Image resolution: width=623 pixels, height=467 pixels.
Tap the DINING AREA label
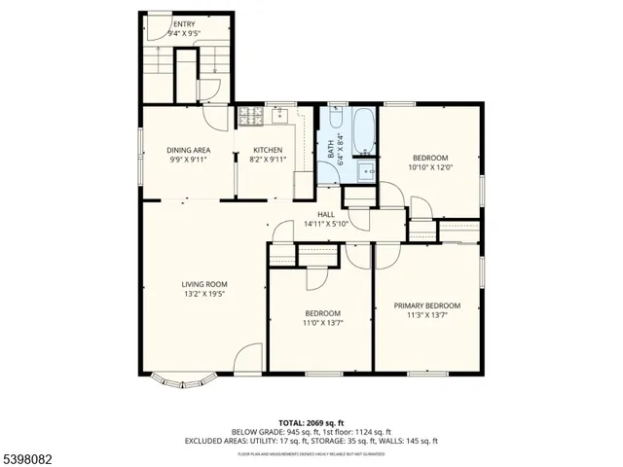tap(189, 150)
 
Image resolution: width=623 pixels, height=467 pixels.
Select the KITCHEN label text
tap(268, 150)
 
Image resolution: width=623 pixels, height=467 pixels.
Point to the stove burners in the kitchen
tap(250, 117)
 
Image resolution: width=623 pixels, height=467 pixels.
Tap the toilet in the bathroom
tap(335, 120)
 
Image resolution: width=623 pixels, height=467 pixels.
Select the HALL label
tap(326, 214)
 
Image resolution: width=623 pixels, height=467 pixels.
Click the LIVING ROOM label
tap(203, 284)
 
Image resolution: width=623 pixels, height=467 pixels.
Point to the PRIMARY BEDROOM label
tap(427, 305)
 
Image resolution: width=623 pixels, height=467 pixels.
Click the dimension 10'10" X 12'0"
tap(429, 167)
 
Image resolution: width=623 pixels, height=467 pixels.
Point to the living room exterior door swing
tap(248, 358)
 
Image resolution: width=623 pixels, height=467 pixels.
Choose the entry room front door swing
tap(156, 26)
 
